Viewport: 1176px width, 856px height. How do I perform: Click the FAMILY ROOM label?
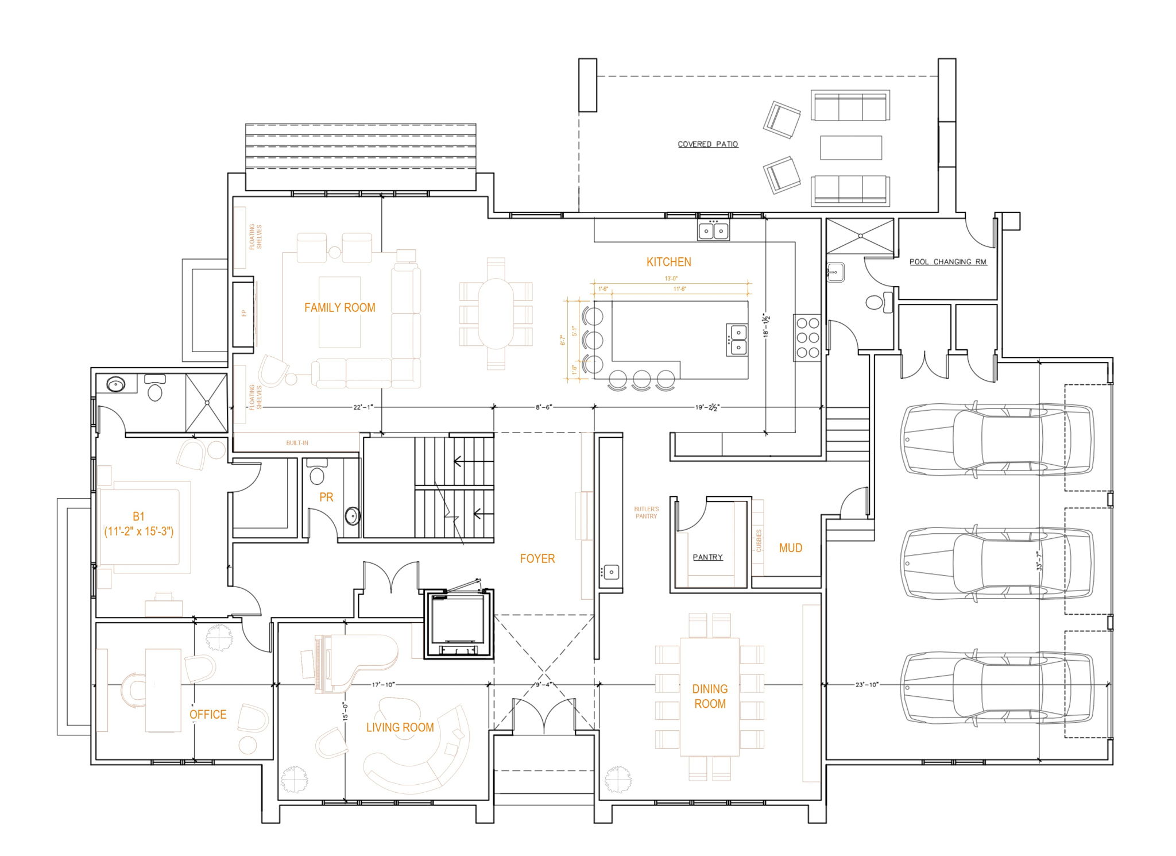[339, 307]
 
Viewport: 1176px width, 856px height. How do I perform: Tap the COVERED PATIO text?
[707, 144]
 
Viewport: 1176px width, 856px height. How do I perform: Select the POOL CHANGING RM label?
[947, 261]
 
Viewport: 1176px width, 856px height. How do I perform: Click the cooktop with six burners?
[807, 338]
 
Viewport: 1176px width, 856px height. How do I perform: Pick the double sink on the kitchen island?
[737, 340]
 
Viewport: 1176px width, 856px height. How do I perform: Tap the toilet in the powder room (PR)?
[316, 473]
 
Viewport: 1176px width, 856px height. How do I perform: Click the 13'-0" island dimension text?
[671, 279]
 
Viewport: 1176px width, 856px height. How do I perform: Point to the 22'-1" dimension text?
[363, 407]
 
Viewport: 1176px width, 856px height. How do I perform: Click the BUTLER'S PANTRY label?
[646, 512]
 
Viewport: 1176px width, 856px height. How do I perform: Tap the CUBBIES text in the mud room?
[759, 540]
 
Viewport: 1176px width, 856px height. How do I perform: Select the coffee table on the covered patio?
[850, 148]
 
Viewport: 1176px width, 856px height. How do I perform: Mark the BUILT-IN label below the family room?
[297, 443]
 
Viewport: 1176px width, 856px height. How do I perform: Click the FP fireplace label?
[244, 313]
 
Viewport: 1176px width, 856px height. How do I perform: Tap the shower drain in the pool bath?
[860, 236]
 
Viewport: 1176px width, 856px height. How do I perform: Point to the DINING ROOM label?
[710, 696]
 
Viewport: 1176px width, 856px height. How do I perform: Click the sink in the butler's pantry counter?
[611, 572]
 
